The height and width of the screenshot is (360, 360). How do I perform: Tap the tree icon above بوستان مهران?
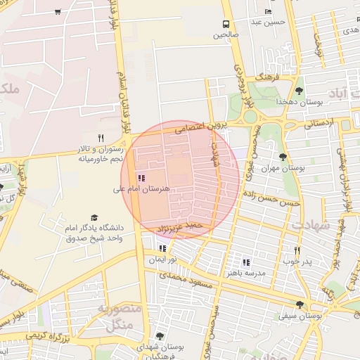(283, 157)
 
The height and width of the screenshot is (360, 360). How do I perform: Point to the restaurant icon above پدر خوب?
(297, 250)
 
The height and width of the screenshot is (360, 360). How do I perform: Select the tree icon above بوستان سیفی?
(300, 304)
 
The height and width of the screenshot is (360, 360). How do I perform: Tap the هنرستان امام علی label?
(141, 189)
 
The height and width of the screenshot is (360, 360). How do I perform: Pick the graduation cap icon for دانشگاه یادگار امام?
(94, 218)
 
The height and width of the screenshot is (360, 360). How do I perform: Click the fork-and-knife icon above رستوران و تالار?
(101, 138)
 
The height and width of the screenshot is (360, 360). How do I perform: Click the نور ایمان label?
(162, 259)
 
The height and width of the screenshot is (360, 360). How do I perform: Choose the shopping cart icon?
(57, 13)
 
